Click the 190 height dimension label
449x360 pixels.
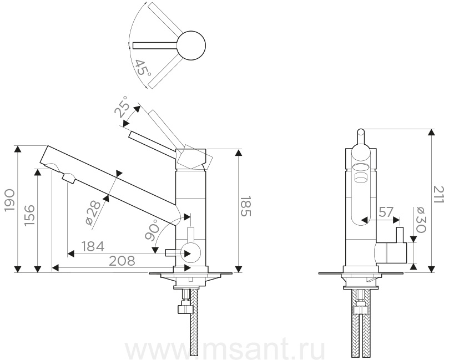click(x=9, y=200)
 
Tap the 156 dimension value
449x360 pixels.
click(x=30, y=215)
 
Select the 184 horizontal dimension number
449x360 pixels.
click(x=93, y=246)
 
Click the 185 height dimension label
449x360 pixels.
click(x=246, y=206)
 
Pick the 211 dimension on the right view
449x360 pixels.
click(x=438, y=194)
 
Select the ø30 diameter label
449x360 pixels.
click(x=421, y=220)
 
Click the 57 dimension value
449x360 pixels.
click(x=386, y=212)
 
